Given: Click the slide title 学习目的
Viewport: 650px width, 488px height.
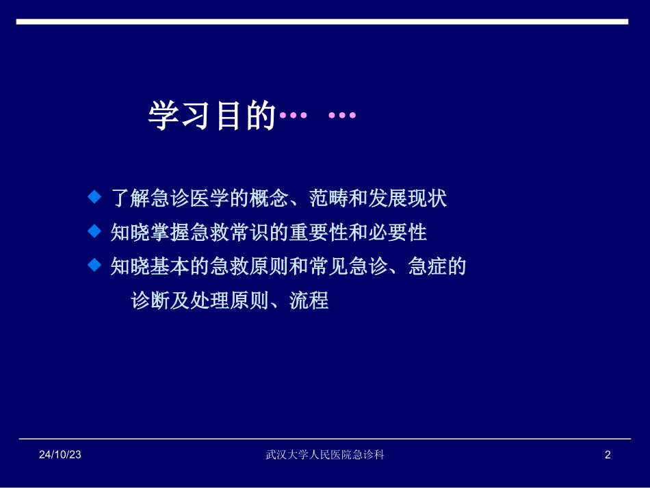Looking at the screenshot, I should tap(211, 116).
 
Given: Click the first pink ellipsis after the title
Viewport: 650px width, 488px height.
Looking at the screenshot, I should tap(294, 116).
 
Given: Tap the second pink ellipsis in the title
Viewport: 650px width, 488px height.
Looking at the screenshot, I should tap(342, 116).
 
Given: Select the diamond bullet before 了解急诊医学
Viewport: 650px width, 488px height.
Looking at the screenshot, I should tap(94, 198).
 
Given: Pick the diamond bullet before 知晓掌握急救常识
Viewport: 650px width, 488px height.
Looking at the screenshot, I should tap(94, 231).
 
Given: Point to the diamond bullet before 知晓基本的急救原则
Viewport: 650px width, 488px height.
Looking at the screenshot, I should tap(94, 265).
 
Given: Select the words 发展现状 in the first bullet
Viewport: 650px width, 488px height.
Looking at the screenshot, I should tap(408, 199).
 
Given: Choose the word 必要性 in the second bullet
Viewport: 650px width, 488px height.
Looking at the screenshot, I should tap(398, 233).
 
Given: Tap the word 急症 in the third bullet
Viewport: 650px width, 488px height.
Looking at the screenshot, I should tap(428, 266).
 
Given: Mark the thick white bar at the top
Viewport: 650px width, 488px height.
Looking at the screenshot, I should tap(322, 22).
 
